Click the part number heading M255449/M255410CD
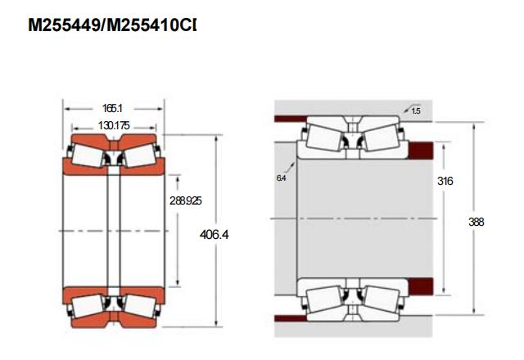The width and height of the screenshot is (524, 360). (112, 25)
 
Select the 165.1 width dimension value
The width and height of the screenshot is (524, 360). (113, 108)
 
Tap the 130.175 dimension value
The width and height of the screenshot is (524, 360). (114, 126)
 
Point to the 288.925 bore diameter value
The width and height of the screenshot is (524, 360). (186, 200)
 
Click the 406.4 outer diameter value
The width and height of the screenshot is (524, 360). (215, 235)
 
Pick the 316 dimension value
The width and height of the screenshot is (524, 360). (445, 181)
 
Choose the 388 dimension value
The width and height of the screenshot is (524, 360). (477, 222)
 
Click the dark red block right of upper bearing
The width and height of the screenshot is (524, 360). (421, 151)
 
